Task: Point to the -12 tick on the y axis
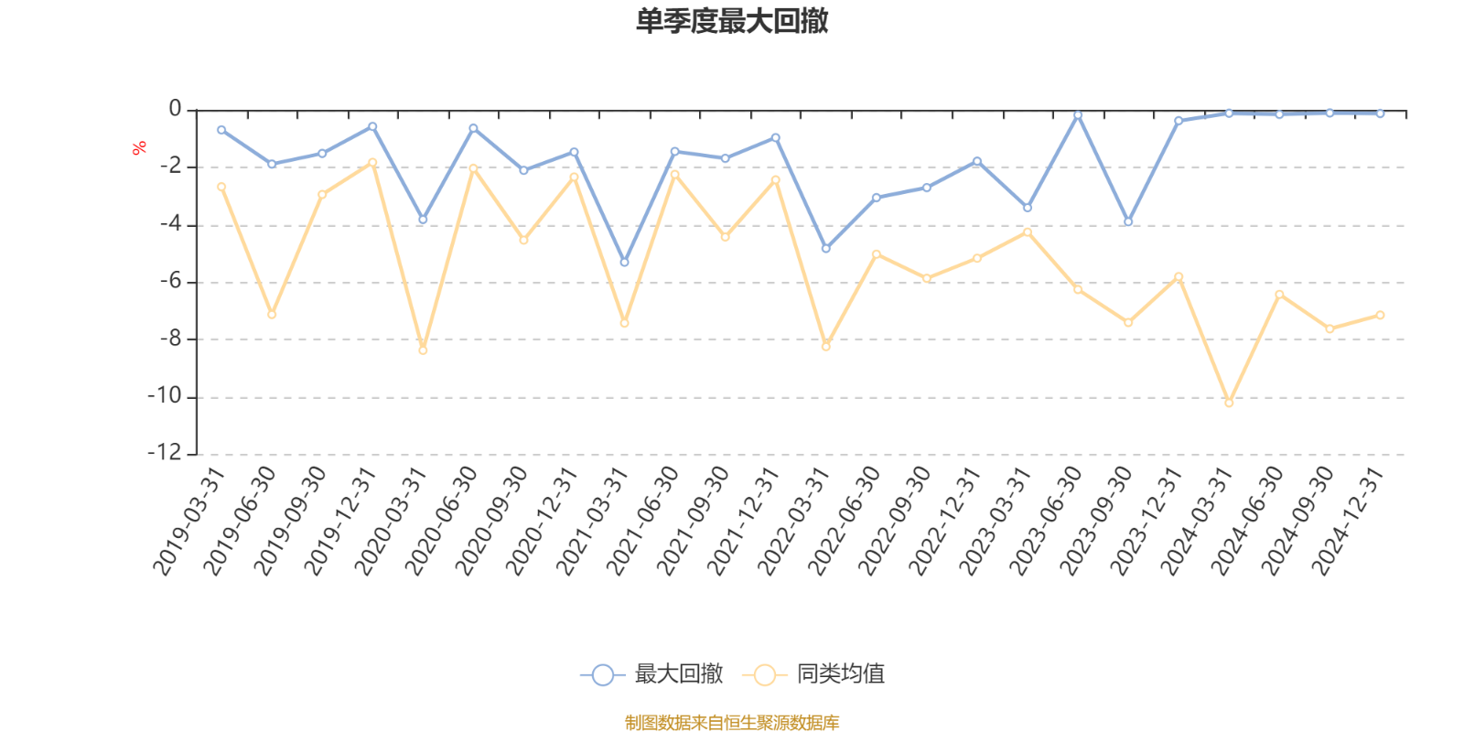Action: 165,454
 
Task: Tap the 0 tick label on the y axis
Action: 175,110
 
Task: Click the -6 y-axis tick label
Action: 170,282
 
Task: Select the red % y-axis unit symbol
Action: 139,147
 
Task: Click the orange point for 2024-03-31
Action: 1229,403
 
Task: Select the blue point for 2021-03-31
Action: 624,263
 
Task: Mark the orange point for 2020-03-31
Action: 423,350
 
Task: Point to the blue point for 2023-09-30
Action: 1128,222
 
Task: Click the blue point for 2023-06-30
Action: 1078,115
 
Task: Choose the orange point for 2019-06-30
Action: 272,314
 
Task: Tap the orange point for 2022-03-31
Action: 825,347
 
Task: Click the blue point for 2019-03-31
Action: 221,130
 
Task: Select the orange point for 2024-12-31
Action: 1380,315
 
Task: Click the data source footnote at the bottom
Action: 732,723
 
